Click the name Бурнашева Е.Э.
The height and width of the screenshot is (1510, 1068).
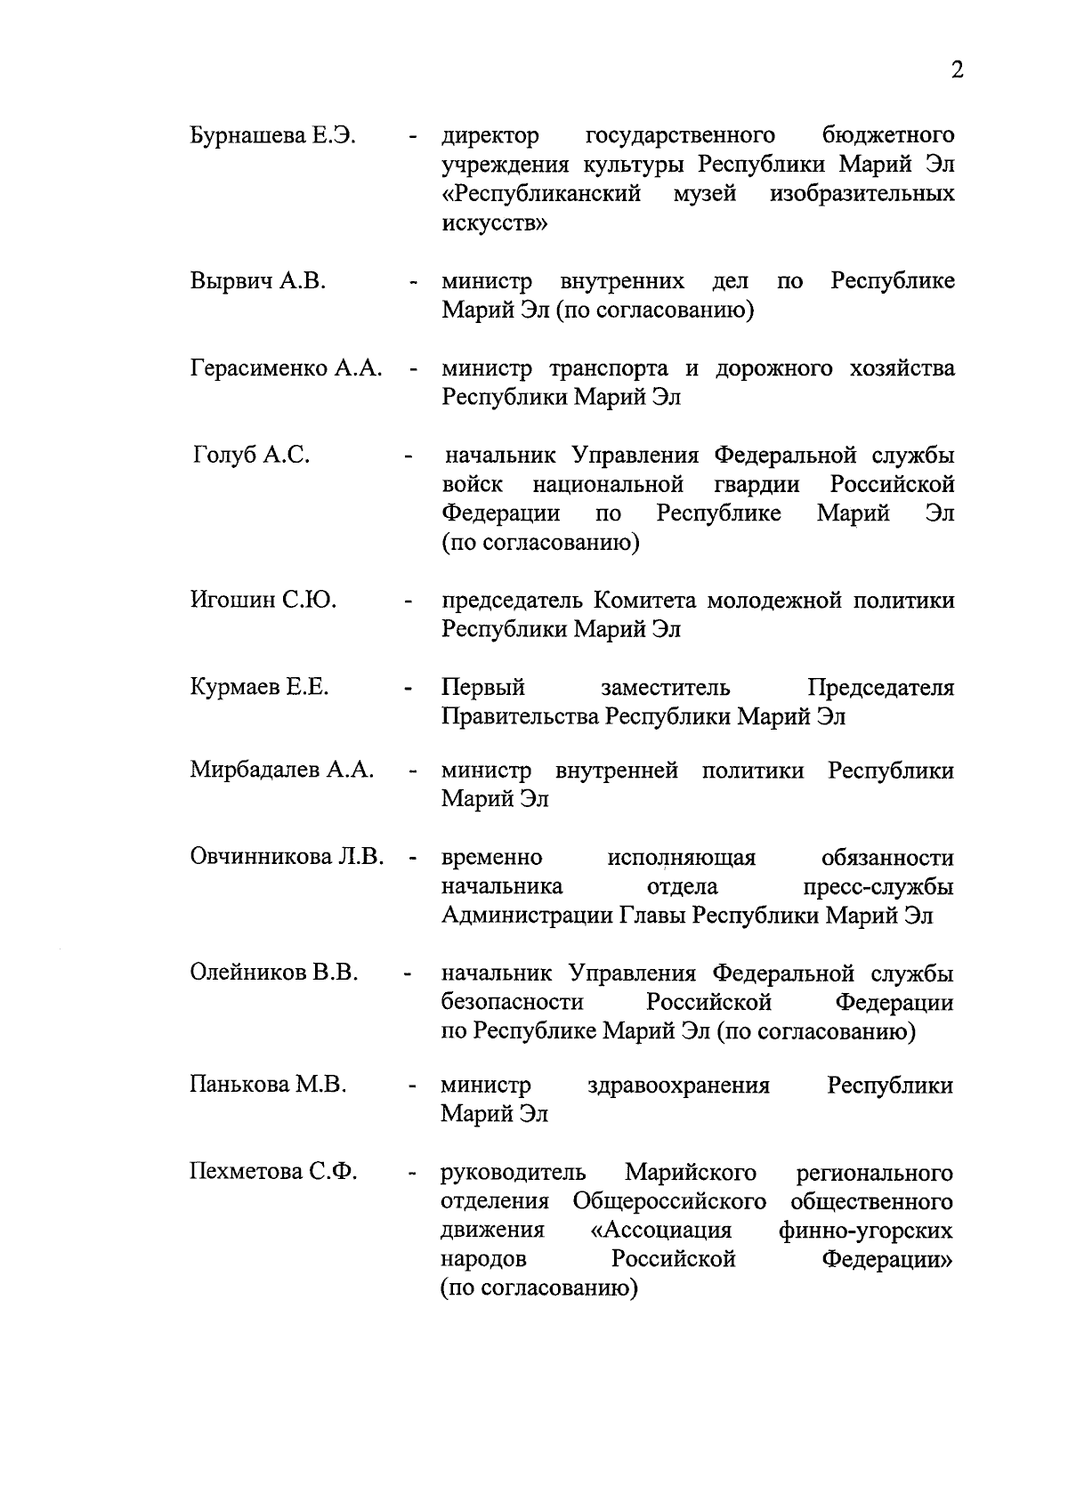tap(273, 136)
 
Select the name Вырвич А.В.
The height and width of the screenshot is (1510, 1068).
tap(258, 282)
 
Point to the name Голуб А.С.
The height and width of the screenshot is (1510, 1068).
tap(252, 456)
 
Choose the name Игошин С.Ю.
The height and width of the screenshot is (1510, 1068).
tap(263, 601)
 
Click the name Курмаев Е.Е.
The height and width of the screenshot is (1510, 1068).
tap(260, 688)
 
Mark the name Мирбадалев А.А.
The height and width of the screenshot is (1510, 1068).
tap(282, 771)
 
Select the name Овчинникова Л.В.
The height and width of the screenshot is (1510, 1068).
tap(287, 858)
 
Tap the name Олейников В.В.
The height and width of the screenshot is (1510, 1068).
tap(274, 973)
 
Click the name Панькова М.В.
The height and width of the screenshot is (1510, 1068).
tap(268, 1086)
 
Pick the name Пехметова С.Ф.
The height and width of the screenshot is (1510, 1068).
tap(273, 1173)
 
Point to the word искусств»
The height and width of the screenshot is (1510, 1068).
tap(495, 223)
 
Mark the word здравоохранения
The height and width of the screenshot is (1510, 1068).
tap(679, 1086)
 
